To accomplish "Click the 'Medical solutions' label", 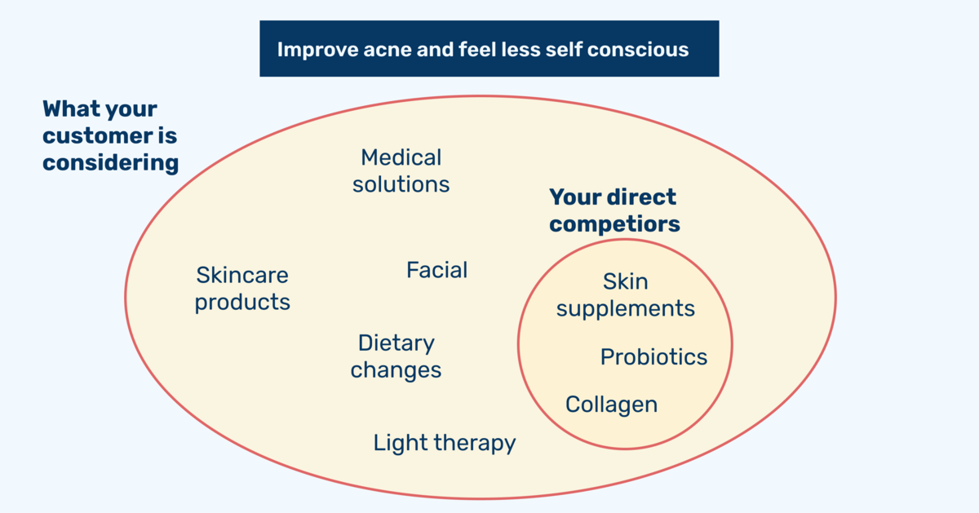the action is tap(401, 170).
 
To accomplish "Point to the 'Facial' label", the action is tap(437, 270).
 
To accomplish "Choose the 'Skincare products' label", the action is tap(242, 289).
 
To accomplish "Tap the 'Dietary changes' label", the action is tap(396, 356).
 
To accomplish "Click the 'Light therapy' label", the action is tap(445, 443).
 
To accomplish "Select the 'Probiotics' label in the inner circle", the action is tap(653, 357).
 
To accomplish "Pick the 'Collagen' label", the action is tap(611, 405).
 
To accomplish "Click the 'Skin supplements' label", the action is tap(626, 295).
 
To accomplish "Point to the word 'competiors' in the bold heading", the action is tap(614, 224).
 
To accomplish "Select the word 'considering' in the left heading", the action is tap(111, 163).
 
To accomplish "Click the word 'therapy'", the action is tap(475, 444).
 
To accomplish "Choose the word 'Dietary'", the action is tap(396, 343).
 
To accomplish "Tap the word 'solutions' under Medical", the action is tap(401, 184).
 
